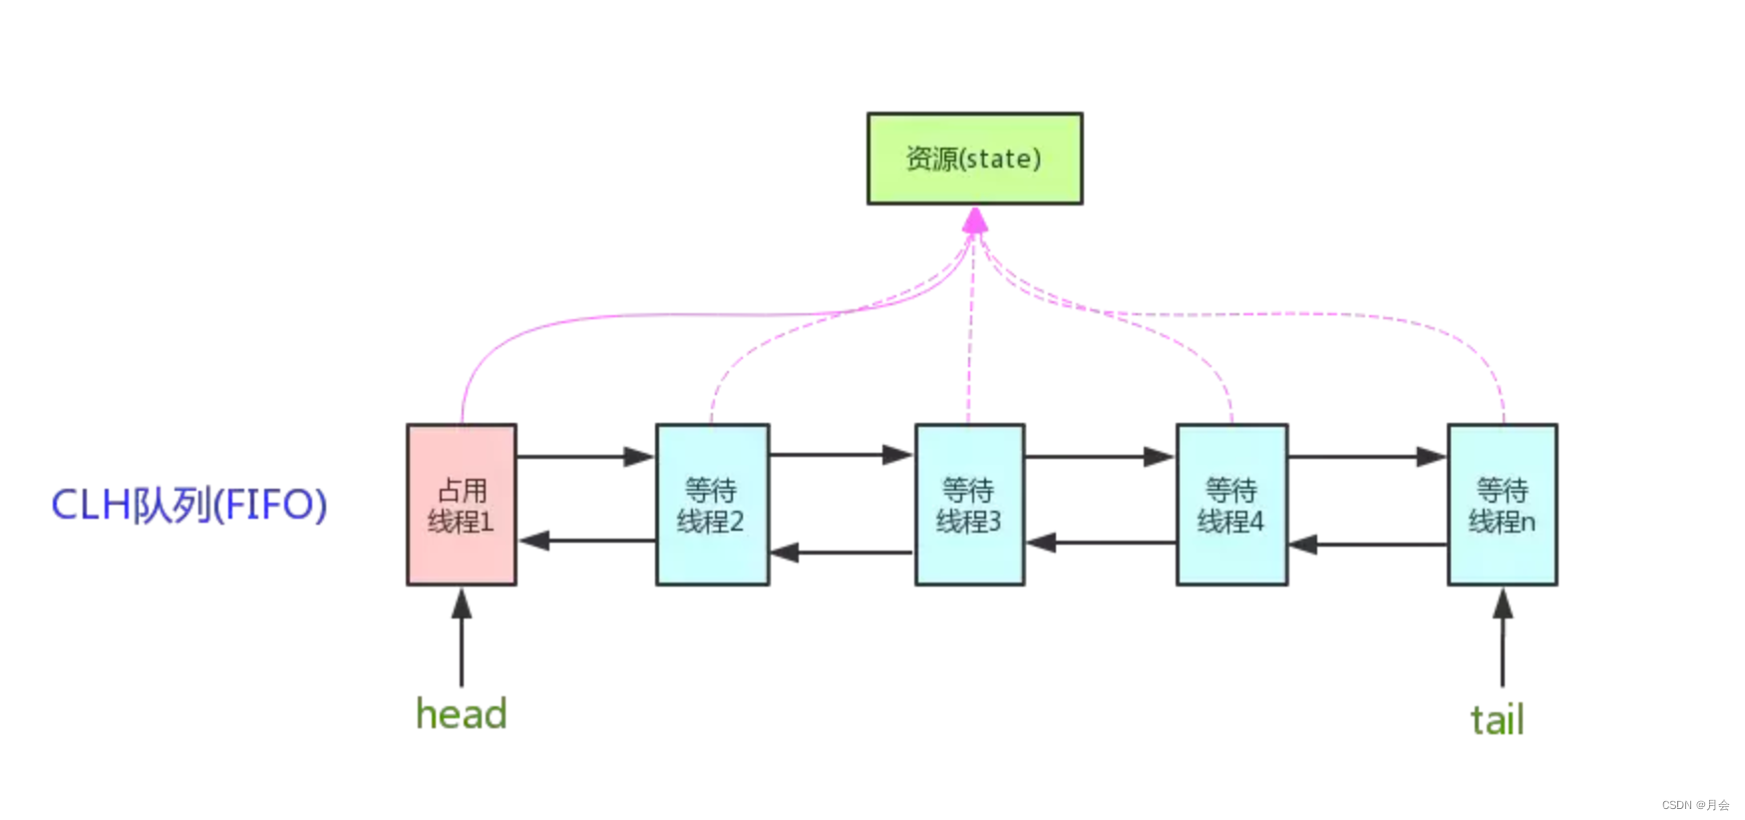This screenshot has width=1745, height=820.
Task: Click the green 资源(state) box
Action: (974, 159)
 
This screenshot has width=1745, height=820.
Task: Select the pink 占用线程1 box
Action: (462, 505)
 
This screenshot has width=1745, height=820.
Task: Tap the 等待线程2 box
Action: (712, 505)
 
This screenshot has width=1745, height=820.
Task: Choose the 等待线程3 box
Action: (969, 505)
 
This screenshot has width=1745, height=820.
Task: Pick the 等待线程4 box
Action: (1231, 505)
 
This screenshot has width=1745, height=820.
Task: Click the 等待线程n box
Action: (1502, 505)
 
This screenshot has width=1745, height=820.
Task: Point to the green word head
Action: (462, 714)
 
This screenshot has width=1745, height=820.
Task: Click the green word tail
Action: (1497, 719)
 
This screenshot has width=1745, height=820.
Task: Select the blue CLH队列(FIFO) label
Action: (189, 505)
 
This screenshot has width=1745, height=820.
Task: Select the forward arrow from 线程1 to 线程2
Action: (585, 457)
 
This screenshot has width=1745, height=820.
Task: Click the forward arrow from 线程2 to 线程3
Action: (842, 455)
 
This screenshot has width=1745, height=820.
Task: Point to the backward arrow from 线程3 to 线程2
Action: (843, 552)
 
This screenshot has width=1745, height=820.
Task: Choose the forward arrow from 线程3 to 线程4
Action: (1099, 457)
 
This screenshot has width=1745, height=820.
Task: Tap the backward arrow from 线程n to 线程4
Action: (1367, 545)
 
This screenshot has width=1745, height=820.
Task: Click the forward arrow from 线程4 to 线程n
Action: (1367, 457)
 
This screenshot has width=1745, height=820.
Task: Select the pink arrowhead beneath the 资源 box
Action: (975, 220)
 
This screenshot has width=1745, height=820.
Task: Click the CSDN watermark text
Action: (1695, 805)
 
